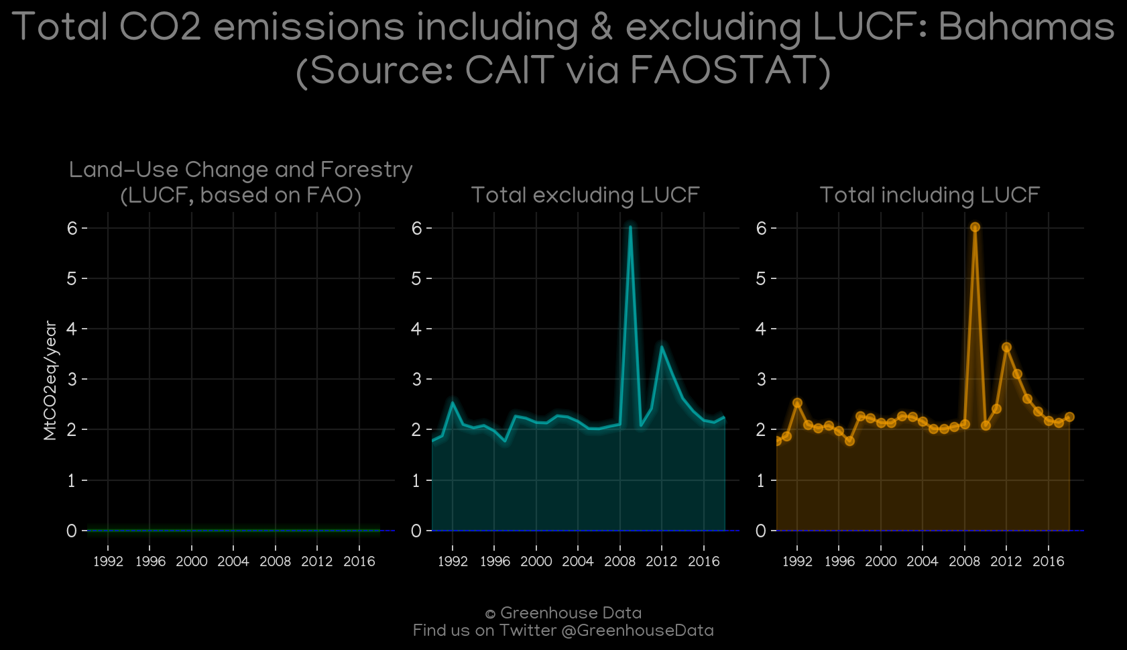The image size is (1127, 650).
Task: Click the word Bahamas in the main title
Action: coord(1026,27)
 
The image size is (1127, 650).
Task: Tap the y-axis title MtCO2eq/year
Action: coord(50,380)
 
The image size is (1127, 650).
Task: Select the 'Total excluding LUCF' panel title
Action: coord(585,195)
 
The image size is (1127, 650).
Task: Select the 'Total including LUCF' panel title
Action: coord(930,195)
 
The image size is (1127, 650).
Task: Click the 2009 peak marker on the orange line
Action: coord(975,227)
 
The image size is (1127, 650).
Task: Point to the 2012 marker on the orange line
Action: coord(1006,347)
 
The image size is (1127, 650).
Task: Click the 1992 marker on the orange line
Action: coord(797,402)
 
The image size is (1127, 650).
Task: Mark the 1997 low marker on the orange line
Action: coord(850,441)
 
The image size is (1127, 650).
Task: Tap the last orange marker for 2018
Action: coord(1069,417)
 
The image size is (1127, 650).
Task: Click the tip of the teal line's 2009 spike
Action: coord(630,227)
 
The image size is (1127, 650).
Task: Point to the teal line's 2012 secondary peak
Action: coord(662,347)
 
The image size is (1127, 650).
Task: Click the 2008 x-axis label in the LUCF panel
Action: coord(275,561)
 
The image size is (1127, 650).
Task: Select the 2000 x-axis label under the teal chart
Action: coord(536,561)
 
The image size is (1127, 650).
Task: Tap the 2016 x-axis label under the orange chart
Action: coord(1049,561)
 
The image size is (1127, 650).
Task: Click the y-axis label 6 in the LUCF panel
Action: coord(72,229)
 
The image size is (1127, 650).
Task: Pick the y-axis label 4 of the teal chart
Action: coord(416,329)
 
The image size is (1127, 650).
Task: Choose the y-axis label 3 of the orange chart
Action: coord(761,379)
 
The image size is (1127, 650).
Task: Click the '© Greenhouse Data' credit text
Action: coord(563,613)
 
